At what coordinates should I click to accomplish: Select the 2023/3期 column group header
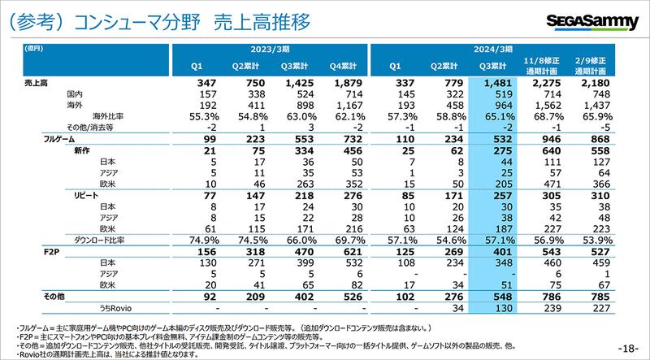tap(269, 50)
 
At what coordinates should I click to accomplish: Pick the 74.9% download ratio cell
tap(197, 241)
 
